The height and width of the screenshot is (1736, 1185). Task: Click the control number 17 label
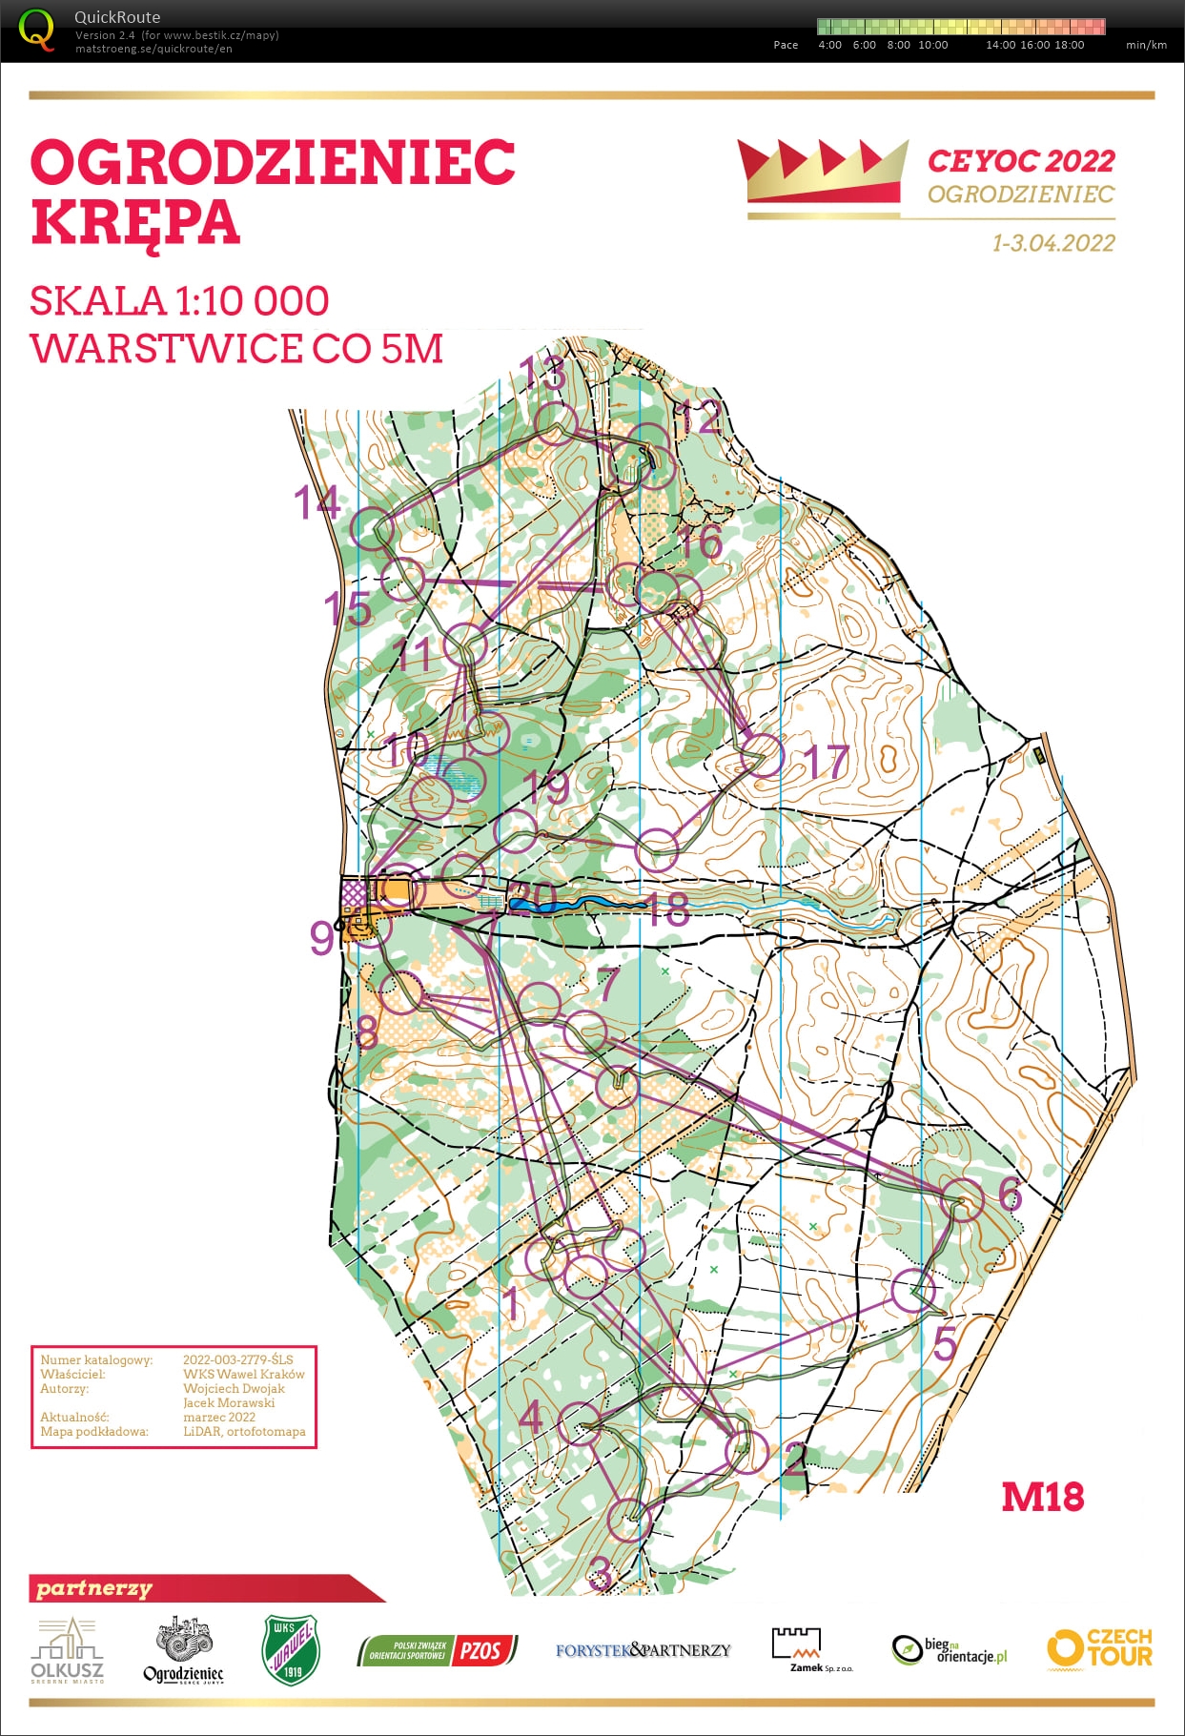pyautogui.click(x=826, y=762)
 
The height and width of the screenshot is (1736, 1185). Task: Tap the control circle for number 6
pyautogui.click(x=961, y=1199)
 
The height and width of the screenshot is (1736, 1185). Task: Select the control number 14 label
pyautogui.click(x=317, y=502)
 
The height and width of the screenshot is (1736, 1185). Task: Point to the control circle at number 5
pyautogui.click(x=913, y=1291)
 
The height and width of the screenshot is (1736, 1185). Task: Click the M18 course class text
pyautogui.click(x=1042, y=1498)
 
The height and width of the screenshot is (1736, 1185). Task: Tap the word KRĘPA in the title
pyautogui.click(x=134, y=222)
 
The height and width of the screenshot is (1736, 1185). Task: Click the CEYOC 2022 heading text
pyautogui.click(x=1020, y=161)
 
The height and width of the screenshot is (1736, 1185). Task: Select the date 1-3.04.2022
pyautogui.click(x=1052, y=243)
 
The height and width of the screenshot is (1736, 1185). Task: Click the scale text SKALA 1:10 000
pyautogui.click(x=179, y=301)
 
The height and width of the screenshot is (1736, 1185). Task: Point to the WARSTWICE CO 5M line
pyautogui.click(x=236, y=349)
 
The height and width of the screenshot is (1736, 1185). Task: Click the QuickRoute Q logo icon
pyautogui.click(x=37, y=30)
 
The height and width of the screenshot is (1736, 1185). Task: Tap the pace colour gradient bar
pyautogui.click(x=961, y=26)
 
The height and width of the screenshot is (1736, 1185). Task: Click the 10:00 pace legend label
pyautogui.click(x=932, y=45)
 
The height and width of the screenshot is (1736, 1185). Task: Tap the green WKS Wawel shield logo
pyautogui.click(x=291, y=1650)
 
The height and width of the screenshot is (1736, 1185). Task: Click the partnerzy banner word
pyautogui.click(x=94, y=1588)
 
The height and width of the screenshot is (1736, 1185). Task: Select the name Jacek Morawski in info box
pyautogui.click(x=229, y=1402)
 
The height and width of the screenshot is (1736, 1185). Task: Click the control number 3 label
pyautogui.click(x=599, y=1573)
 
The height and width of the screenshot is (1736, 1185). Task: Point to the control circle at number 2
pyautogui.click(x=746, y=1452)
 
